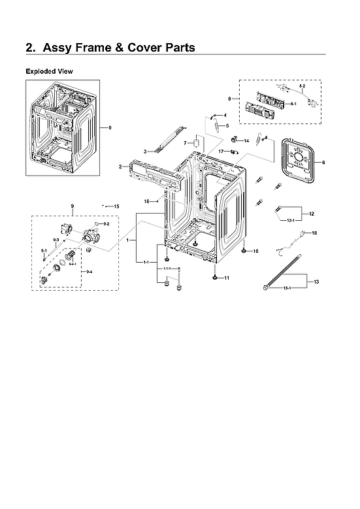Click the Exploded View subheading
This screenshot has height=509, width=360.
(x=49, y=71)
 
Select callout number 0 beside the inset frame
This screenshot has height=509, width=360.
(x=110, y=127)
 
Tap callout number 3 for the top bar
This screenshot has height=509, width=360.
(x=145, y=152)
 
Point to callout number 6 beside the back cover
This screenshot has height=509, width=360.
(x=323, y=161)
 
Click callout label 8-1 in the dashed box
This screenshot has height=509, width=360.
(x=293, y=104)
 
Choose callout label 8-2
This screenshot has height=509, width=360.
(x=302, y=86)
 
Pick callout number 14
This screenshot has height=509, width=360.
(x=246, y=140)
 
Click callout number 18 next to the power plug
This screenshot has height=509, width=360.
(x=314, y=233)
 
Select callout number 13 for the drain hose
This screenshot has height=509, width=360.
(x=316, y=282)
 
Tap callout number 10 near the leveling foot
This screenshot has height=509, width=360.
(x=255, y=251)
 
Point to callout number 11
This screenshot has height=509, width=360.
(x=227, y=278)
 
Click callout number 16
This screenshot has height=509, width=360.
(x=147, y=201)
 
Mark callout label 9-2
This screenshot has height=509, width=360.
(x=106, y=224)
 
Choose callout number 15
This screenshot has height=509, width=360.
(x=116, y=206)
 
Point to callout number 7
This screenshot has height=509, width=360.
(x=185, y=142)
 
